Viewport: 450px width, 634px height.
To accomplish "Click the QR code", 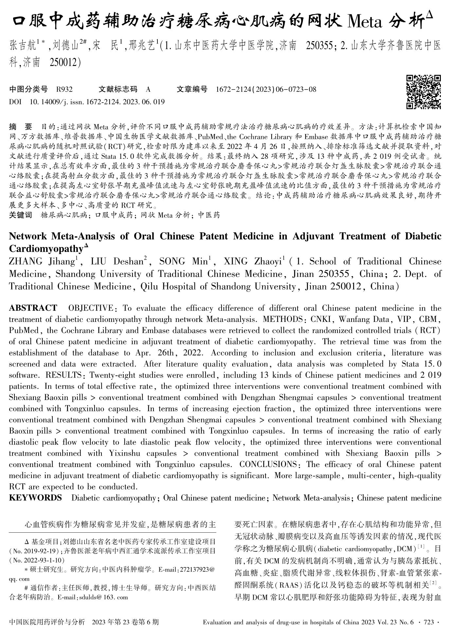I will (x=423, y=92).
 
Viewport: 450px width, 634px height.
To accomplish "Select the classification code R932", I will (x=64, y=89).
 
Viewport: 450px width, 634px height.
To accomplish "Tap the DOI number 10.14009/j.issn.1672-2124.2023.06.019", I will (x=97, y=102).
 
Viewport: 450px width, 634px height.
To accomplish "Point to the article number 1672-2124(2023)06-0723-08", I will (x=266, y=89).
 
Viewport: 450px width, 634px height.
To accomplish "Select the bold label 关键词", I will (x=21, y=215).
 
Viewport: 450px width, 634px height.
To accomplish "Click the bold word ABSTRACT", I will (x=33, y=308).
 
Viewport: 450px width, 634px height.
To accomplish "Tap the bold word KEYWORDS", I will (x=35, y=498).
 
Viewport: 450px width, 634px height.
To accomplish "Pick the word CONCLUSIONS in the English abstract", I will (x=268, y=464).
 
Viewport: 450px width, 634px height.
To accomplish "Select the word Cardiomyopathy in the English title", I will (x=46, y=249).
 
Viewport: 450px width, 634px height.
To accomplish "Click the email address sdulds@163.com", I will (x=102, y=597).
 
